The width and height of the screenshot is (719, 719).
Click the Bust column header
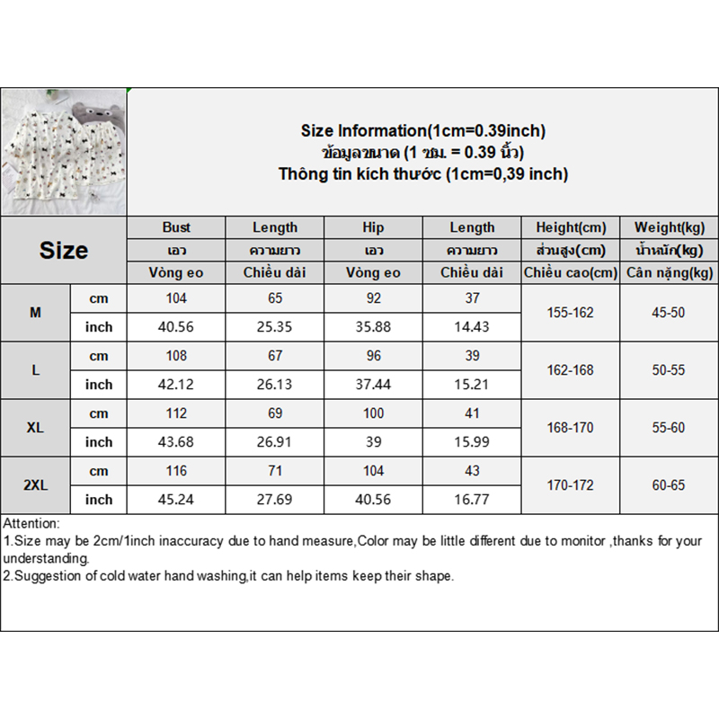[x=176, y=227]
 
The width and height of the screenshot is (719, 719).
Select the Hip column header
[x=373, y=227]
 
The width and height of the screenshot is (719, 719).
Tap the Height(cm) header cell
[x=570, y=227]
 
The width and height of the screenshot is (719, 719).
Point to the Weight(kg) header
[x=669, y=227]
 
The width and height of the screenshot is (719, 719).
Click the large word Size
[x=63, y=251]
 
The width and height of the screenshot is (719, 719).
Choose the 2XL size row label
[x=35, y=485]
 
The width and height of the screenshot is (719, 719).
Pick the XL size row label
[x=35, y=428]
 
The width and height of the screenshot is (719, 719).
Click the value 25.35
[x=274, y=327]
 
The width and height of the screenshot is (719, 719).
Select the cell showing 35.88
[x=373, y=327]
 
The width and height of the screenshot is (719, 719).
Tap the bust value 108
[x=176, y=356]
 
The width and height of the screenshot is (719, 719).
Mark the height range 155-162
[x=570, y=313]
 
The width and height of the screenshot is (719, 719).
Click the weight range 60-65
[x=669, y=485]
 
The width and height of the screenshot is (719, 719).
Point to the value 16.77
[x=471, y=500]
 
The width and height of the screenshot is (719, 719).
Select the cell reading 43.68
[x=176, y=442]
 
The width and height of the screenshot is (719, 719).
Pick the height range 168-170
[x=570, y=428]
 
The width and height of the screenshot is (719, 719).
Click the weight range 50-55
[x=669, y=370]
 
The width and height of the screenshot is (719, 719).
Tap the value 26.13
[x=274, y=385]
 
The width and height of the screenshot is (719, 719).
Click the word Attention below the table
[x=31, y=523]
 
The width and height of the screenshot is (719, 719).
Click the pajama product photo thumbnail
[x=63, y=152]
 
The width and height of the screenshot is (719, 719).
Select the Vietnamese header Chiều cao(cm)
[x=570, y=272]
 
